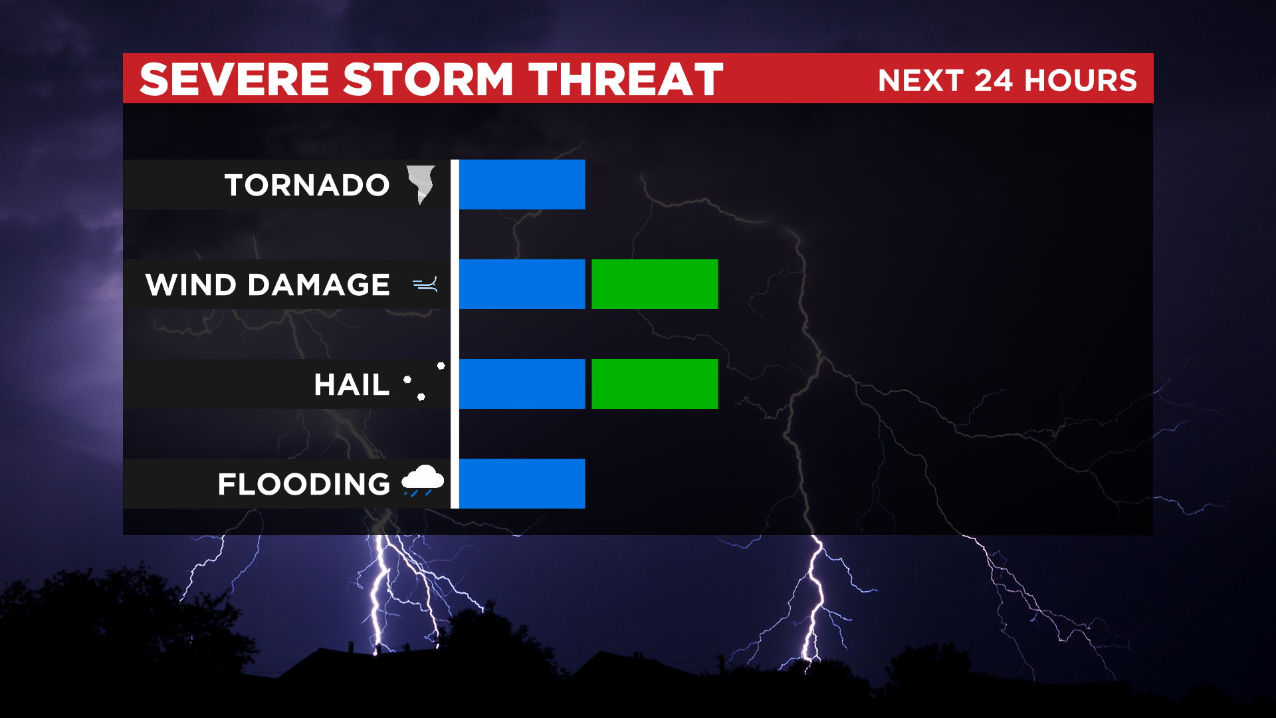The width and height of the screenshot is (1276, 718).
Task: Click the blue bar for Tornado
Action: (x=522, y=184)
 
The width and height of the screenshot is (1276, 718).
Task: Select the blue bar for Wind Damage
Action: (x=522, y=284)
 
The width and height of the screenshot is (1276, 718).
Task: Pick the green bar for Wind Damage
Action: (x=655, y=284)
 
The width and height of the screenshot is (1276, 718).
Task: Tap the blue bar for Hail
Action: (x=522, y=384)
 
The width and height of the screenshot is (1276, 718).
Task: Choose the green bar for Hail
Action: (x=655, y=384)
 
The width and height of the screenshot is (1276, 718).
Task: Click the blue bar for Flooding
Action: (x=522, y=483)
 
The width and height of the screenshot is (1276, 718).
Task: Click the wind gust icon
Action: (x=425, y=285)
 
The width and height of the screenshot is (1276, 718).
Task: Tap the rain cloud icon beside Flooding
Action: (x=423, y=480)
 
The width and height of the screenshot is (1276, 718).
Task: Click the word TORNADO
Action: (x=307, y=185)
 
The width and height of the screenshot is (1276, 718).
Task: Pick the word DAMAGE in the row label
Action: (x=318, y=285)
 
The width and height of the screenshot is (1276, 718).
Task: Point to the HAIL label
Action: (x=352, y=384)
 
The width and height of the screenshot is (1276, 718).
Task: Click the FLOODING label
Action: (x=304, y=484)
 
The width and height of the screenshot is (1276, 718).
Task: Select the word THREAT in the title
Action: (x=626, y=79)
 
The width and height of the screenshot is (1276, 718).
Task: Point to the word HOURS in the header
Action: (x=1081, y=80)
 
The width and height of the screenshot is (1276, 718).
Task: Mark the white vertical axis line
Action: (x=455, y=334)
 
